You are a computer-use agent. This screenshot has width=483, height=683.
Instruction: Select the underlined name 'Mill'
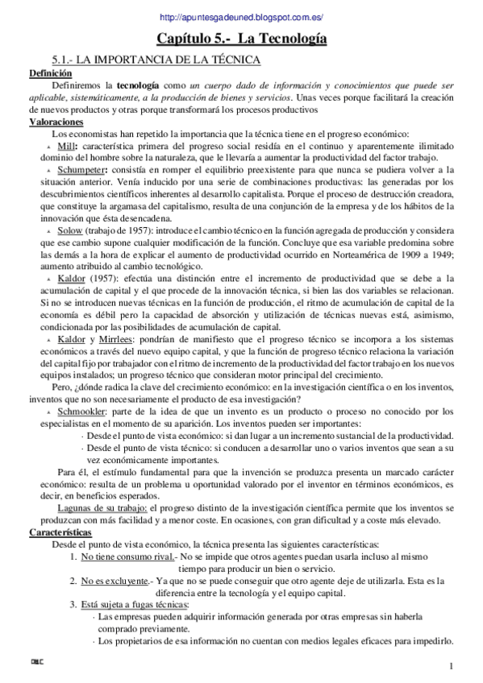pyautogui.click(x=67, y=146)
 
